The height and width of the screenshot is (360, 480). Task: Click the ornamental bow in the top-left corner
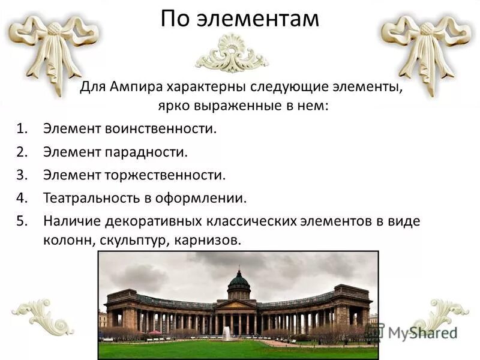pos(54,48)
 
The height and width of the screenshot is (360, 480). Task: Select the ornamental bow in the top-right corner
pos(427,48)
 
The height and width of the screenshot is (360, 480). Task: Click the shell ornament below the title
pos(232,54)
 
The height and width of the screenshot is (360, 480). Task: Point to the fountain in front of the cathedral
pos(226,334)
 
